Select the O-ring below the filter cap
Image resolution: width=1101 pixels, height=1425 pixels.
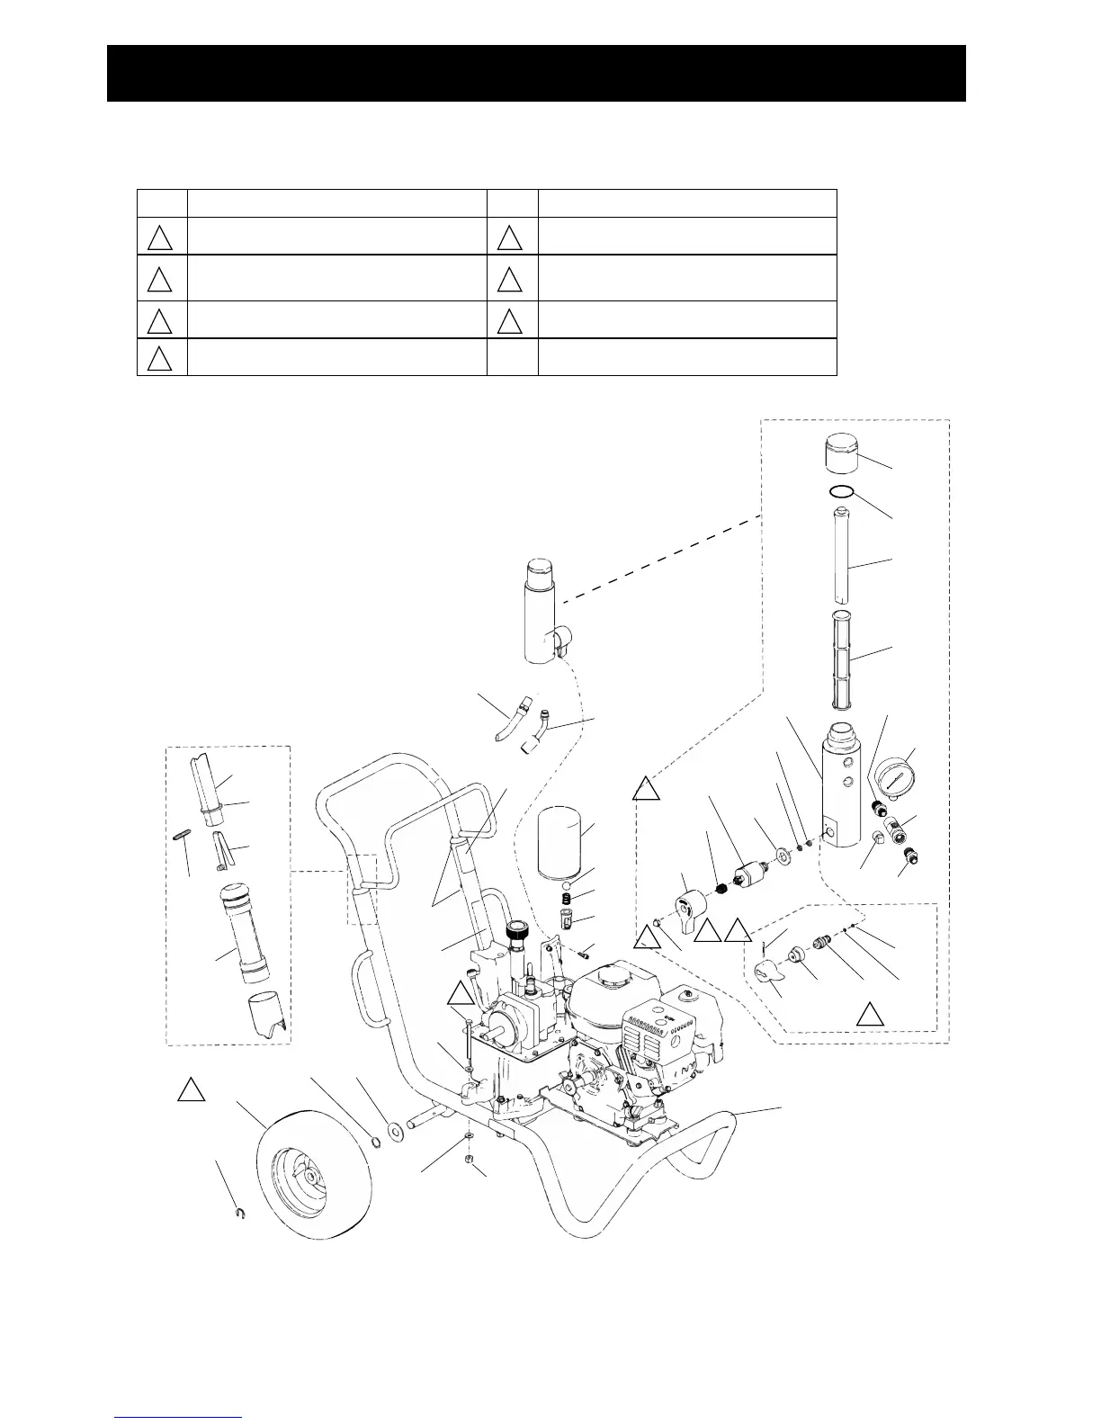pos(841,492)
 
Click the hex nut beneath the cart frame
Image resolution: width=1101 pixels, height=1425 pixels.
pos(470,1159)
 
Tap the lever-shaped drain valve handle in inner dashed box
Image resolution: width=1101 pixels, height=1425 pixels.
pos(768,972)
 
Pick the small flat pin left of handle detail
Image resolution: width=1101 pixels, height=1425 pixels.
pos(180,835)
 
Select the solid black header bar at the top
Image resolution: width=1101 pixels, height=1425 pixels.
pos(536,73)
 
